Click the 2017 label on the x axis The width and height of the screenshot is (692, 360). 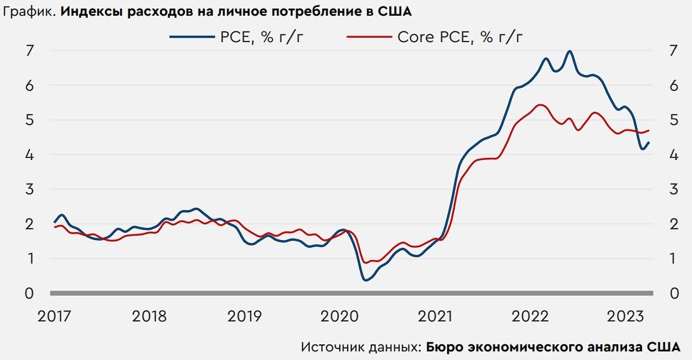[53, 316]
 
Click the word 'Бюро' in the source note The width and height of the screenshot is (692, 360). [444, 346]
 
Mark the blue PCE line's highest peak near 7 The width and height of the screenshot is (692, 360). [569, 51]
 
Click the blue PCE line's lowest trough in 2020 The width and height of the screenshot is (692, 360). [366, 279]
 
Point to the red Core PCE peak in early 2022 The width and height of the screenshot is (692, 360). [541, 105]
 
